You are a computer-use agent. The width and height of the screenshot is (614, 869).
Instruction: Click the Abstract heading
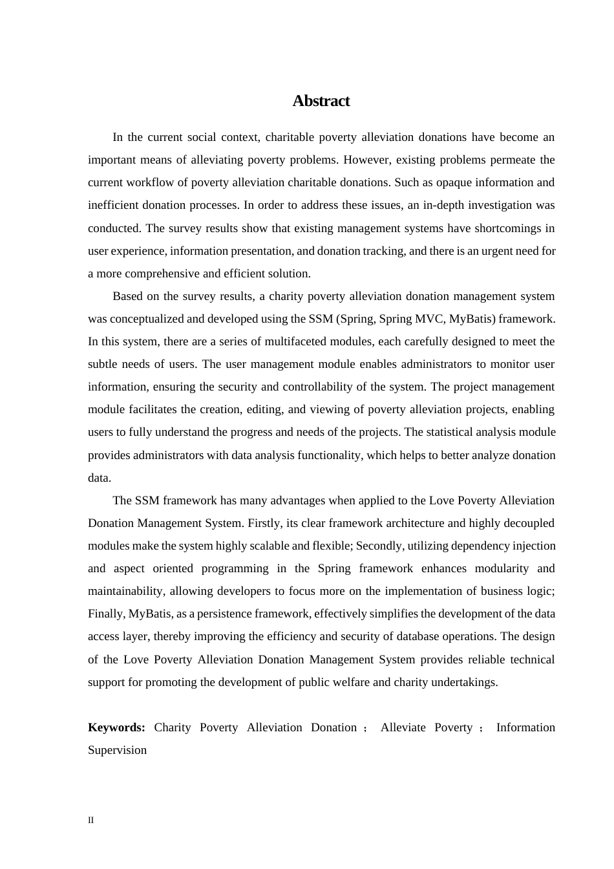click(x=321, y=101)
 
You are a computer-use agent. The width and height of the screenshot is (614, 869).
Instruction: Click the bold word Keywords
click(x=116, y=727)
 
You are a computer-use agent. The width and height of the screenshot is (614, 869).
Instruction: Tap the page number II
click(x=90, y=821)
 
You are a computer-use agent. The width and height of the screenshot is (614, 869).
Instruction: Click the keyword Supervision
click(x=117, y=750)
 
